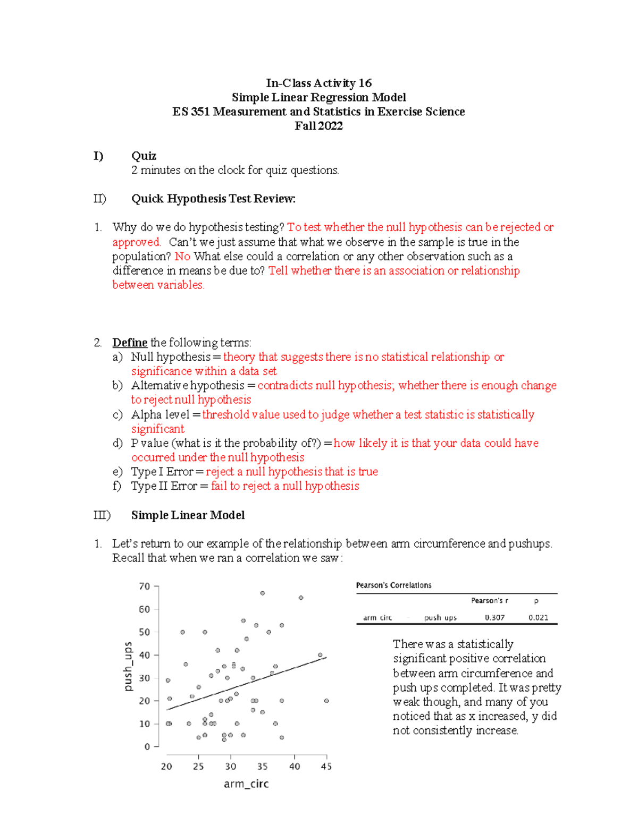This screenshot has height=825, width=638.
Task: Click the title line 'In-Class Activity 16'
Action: pyautogui.click(x=318, y=83)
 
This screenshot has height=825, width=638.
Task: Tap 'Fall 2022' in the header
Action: pyautogui.click(x=318, y=126)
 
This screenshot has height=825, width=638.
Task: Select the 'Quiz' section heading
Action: pyautogui.click(x=144, y=156)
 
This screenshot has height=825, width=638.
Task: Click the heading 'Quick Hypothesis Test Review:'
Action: pyautogui.click(x=213, y=199)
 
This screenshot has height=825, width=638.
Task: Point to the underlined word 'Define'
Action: pyautogui.click(x=130, y=343)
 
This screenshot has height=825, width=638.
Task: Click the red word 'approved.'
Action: pyautogui.click(x=136, y=242)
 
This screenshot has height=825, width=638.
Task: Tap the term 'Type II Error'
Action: pyautogui.click(x=164, y=486)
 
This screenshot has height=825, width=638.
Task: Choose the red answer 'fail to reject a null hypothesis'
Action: pyautogui.click(x=285, y=486)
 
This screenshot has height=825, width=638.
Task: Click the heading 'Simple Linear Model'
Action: pyautogui.click(x=188, y=515)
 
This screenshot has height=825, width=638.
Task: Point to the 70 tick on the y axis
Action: pyautogui.click(x=145, y=586)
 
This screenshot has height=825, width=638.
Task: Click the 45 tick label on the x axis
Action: pyautogui.click(x=326, y=767)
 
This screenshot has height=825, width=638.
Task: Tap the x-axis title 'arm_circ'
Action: pyautogui.click(x=246, y=784)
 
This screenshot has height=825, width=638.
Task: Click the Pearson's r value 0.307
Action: pyautogui.click(x=494, y=618)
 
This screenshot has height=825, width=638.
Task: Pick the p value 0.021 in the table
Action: pyautogui.click(x=538, y=618)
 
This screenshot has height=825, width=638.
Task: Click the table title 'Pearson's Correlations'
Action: pyautogui.click(x=393, y=585)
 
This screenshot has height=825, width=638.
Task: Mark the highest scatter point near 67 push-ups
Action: pyautogui.click(x=263, y=593)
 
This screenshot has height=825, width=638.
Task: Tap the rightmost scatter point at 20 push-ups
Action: pyautogui.click(x=326, y=701)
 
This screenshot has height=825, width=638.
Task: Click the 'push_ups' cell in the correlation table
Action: pyautogui.click(x=440, y=618)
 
